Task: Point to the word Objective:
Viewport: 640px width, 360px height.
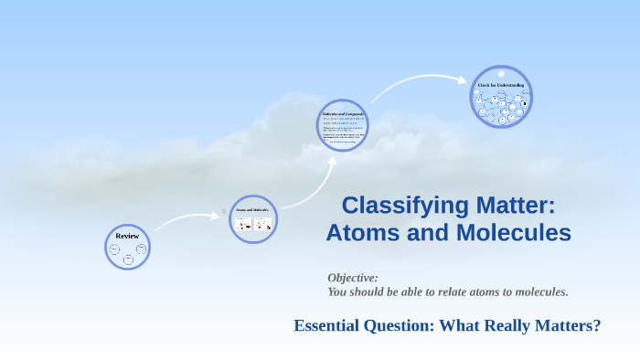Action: click(x=353, y=277)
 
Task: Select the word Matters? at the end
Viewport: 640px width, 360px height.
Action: click(x=570, y=325)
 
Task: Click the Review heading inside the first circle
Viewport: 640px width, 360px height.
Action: click(x=127, y=236)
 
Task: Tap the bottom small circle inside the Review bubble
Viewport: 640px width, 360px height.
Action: click(x=128, y=259)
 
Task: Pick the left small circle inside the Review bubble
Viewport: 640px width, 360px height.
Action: click(x=114, y=249)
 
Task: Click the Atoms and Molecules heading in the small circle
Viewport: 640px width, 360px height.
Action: click(x=252, y=210)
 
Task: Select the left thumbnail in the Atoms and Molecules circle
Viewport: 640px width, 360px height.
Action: click(x=243, y=223)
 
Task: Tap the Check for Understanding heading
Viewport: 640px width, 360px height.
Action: click(x=501, y=86)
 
